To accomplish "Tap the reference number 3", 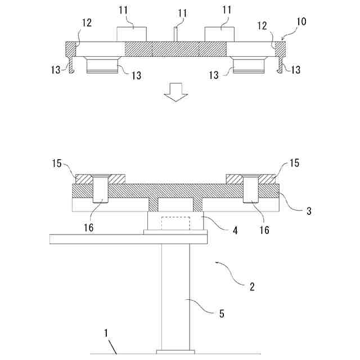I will pos(309,211).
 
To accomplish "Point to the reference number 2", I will pos(251,286).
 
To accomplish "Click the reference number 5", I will pos(221,314).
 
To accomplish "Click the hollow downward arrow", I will pos(175,91).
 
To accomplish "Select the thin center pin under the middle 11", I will pos(175,34).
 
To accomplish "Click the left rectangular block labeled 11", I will pos(132,34).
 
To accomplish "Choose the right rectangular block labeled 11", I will pos(219,34).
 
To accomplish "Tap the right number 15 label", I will pos(294,163).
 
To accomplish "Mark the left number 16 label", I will pos(88,228).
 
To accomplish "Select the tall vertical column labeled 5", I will pos(175,295).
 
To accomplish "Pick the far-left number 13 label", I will pos(55,70).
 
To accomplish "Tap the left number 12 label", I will pos(87,24).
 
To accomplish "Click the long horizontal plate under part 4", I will pos(128,238).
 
